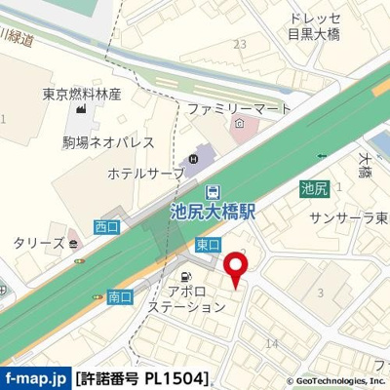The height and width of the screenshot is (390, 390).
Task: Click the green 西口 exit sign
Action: pyautogui.click(x=105, y=226)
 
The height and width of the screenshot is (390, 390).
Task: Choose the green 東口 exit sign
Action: pyautogui.click(x=207, y=244)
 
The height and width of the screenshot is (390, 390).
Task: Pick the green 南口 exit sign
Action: pyautogui.click(x=120, y=294)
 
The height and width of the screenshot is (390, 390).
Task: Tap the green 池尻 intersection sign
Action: pyautogui.click(x=313, y=189)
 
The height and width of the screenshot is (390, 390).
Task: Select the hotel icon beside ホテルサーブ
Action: pyautogui.click(x=193, y=159)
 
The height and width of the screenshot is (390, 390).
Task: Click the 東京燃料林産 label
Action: pyautogui.click(x=82, y=95)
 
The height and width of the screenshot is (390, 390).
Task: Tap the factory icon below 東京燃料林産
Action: pyautogui.click(x=82, y=117)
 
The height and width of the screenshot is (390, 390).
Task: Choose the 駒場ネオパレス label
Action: pyautogui.click(x=108, y=142)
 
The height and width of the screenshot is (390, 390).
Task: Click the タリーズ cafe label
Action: pyautogui.click(x=38, y=243)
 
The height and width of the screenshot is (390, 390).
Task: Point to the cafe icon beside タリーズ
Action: pyautogui.click(x=74, y=243)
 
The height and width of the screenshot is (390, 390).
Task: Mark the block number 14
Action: pyautogui.click(x=272, y=343)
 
